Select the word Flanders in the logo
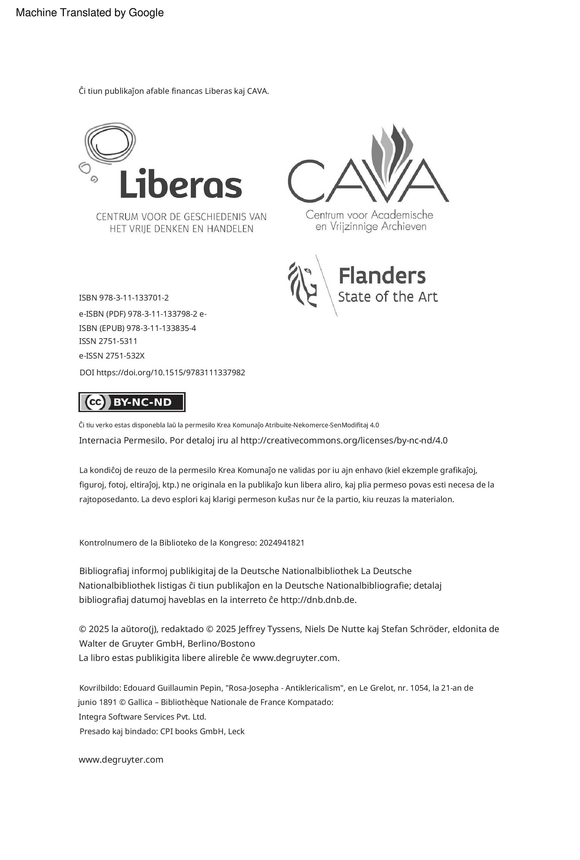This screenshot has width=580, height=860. [382, 276]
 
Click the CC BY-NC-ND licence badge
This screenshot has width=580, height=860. [132, 402]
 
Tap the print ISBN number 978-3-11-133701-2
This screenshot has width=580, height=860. [134, 298]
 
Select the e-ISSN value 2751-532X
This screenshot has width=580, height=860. [125, 356]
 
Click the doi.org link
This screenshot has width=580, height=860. [171, 372]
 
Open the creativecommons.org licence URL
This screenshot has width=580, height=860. [344, 440]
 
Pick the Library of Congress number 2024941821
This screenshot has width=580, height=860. [282, 543]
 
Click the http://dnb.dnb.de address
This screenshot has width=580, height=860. [318, 600]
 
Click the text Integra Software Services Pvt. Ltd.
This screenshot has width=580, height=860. [142, 716]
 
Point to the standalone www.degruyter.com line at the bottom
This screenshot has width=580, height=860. [121, 760]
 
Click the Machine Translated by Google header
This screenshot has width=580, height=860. [90, 13]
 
